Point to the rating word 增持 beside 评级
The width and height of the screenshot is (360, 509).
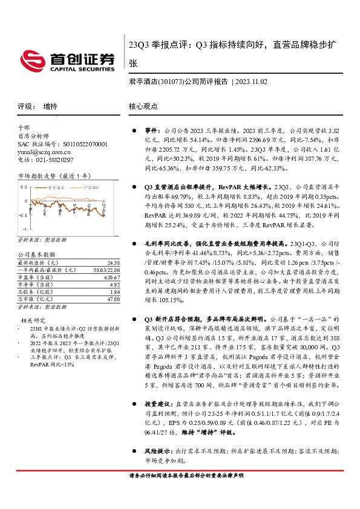click(50, 106)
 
